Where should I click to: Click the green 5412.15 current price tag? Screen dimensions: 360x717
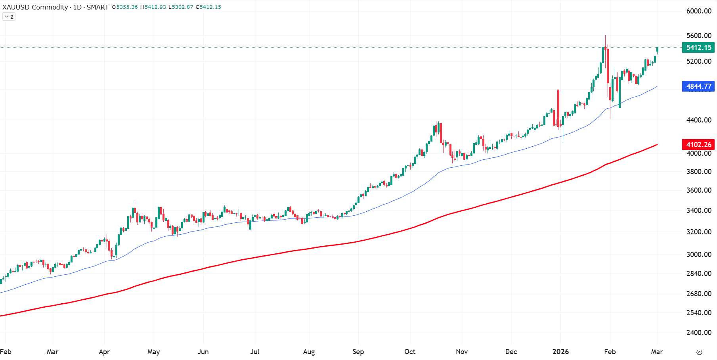click(698, 48)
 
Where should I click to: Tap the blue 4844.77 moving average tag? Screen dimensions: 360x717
click(698, 86)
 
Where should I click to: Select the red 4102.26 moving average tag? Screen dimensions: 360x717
click(698, 145)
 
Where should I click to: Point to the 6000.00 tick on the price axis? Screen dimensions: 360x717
click(699, 11)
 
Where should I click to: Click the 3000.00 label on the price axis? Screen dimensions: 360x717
click(699, 255)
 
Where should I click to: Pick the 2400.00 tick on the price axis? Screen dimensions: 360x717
click(699, 333)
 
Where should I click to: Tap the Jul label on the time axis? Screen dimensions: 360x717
click(255, 352)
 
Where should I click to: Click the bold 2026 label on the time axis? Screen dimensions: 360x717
click(560, 352)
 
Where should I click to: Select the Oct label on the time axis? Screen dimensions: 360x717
click(410, 352)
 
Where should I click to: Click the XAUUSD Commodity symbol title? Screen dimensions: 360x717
click(35, 7)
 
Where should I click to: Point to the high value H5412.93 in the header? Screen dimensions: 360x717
click(153, 7)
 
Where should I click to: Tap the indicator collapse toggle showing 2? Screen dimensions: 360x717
click(9, 17)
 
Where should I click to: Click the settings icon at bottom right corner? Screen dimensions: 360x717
click(699, 352)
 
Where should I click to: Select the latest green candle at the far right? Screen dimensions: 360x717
click(657, 50)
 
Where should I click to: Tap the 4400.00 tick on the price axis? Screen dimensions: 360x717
click(699, 120)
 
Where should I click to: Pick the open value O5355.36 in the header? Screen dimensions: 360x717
click(124, 7)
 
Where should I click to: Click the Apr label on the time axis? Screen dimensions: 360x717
click(104, 352)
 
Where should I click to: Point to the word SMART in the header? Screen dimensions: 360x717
click(97, 7)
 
